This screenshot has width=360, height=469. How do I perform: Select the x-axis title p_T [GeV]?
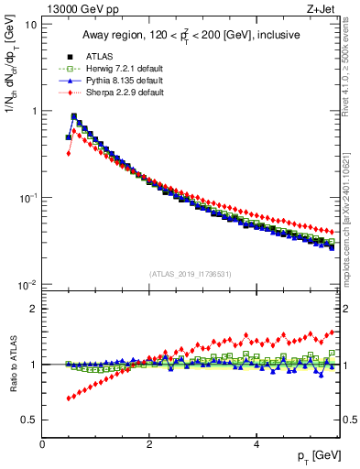click(316, 455)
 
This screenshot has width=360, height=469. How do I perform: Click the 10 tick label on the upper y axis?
click(30, 25)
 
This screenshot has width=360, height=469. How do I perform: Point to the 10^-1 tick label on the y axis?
click(27, 199)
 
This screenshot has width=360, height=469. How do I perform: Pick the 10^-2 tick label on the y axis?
click(27, 286)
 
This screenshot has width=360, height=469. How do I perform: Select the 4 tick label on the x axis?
click(256, 445)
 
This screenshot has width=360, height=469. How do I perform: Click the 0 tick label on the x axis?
click(42, 445)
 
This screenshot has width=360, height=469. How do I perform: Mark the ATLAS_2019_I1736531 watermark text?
click(191, 273)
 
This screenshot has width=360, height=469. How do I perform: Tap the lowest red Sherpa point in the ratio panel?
click(68, 398)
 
